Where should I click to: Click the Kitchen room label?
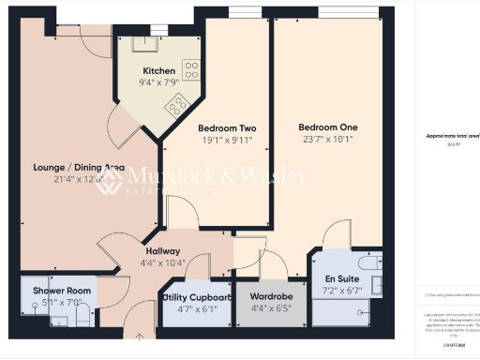point(159,71)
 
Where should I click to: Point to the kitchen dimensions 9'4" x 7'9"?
point(159,82)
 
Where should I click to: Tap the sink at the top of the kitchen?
point(147,42)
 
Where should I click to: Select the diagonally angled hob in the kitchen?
point(175,108)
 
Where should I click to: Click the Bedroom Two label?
point(228,128)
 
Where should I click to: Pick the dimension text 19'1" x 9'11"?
point(228,141)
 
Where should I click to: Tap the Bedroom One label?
point(328,127)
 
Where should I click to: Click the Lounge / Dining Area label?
point(79,168)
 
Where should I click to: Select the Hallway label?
point(163,251)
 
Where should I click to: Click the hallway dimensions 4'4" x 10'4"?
point(163,262)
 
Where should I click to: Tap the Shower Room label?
point(56,292)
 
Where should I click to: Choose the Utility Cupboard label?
point(197,297)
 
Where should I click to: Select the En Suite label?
point(342,279)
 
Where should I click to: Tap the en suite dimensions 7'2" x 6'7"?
point(342,291)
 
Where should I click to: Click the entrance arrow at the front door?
point(141,349)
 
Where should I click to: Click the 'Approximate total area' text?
point(453,136)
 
